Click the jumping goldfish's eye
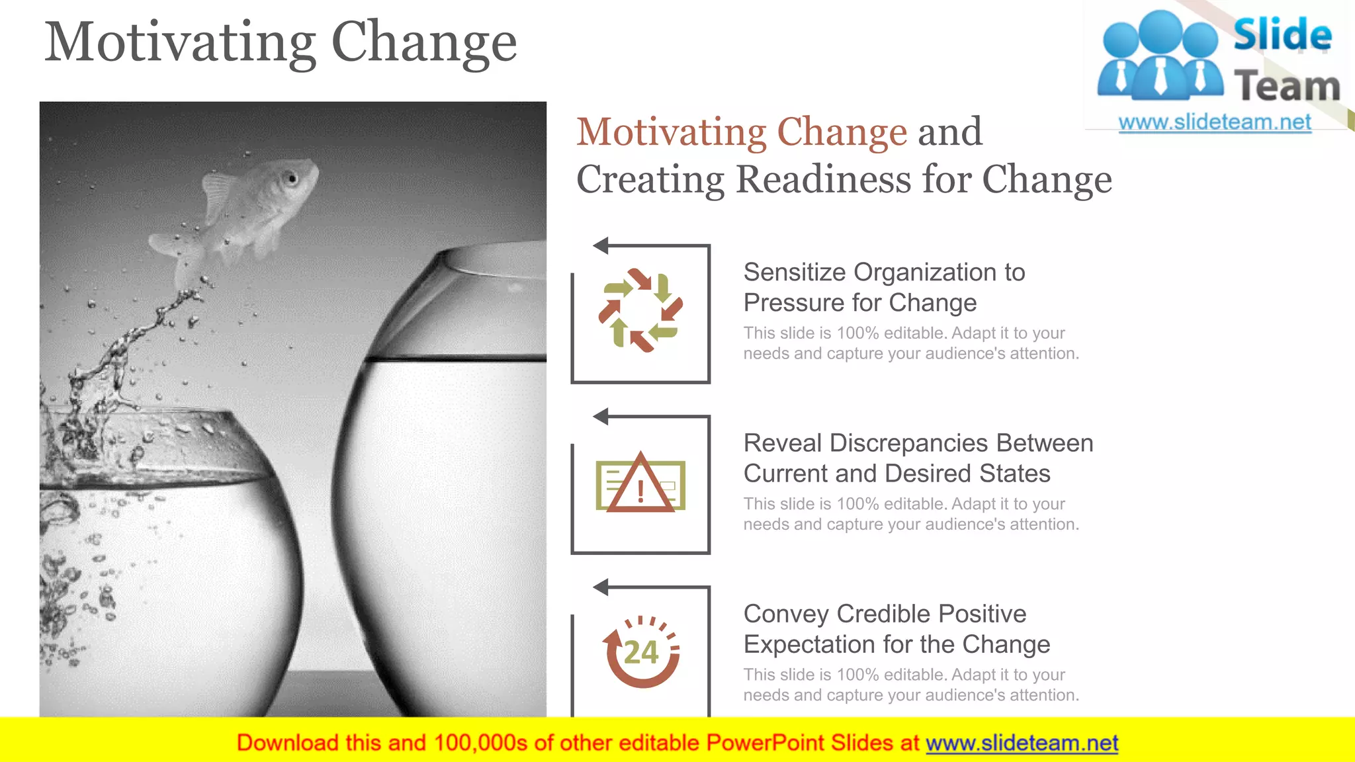[292, 177]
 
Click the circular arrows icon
[640, 310]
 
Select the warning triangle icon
[640, 485]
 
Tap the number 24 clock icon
[641, 652]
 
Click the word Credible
[883, 614]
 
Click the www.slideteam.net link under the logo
[1214, 122]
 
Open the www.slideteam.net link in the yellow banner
[1022, 743]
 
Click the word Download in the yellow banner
[287, 743]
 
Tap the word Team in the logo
[1286, 87]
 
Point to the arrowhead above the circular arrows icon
[601, 246]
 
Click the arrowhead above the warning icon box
[601, 417]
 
